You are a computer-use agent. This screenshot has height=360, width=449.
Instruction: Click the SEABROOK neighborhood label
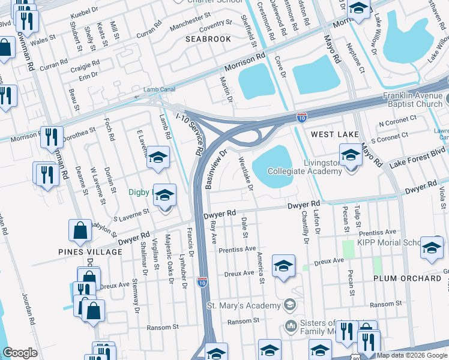(x=208, y=39)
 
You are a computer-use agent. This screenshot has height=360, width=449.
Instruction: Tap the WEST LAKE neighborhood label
(x=335, y=134)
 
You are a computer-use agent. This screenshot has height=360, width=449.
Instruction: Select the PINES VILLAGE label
(x=90, y=252)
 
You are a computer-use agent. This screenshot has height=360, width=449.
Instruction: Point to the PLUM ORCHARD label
(x=407, y=278)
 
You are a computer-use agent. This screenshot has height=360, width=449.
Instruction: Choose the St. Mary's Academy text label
(x=244, y=306)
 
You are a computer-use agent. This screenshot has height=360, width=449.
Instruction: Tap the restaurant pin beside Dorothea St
(x=52, y=137)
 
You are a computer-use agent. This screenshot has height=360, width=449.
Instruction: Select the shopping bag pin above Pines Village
(x=80, y=230)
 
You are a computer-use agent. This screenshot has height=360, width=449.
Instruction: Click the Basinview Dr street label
(x=215, y=170)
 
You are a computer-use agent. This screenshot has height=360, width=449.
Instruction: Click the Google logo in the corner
(x=20, y=353)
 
